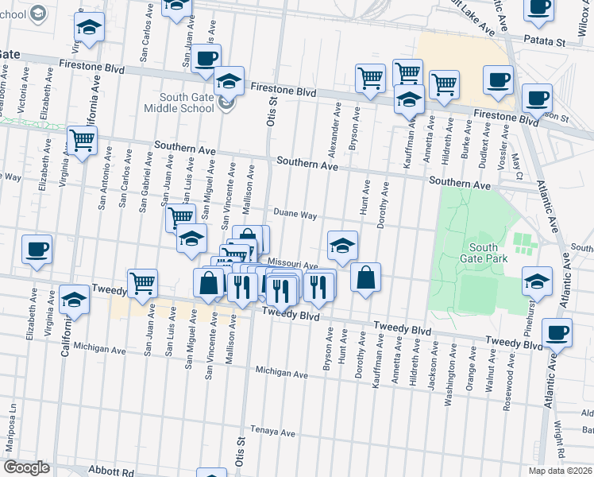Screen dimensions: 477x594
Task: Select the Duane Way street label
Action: coord(295,215)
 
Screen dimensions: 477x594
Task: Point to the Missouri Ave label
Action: coord(293,264)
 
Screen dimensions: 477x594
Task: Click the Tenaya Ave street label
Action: coord(272,433)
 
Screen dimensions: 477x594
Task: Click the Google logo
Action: coord(26,467)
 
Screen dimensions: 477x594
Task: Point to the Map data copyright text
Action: coord(560,471)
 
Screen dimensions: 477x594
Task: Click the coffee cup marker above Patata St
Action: coord(538,6)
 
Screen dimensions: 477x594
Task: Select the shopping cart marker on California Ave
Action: coord(83,141)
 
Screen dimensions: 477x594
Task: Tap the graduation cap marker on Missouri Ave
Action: coord(342,245)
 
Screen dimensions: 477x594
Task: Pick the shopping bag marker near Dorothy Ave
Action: coord(365,278)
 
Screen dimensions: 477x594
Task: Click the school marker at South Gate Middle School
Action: coord(229,81)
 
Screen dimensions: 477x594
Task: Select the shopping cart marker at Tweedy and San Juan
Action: coord(142,282)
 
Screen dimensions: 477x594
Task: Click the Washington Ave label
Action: coord(449,386)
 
